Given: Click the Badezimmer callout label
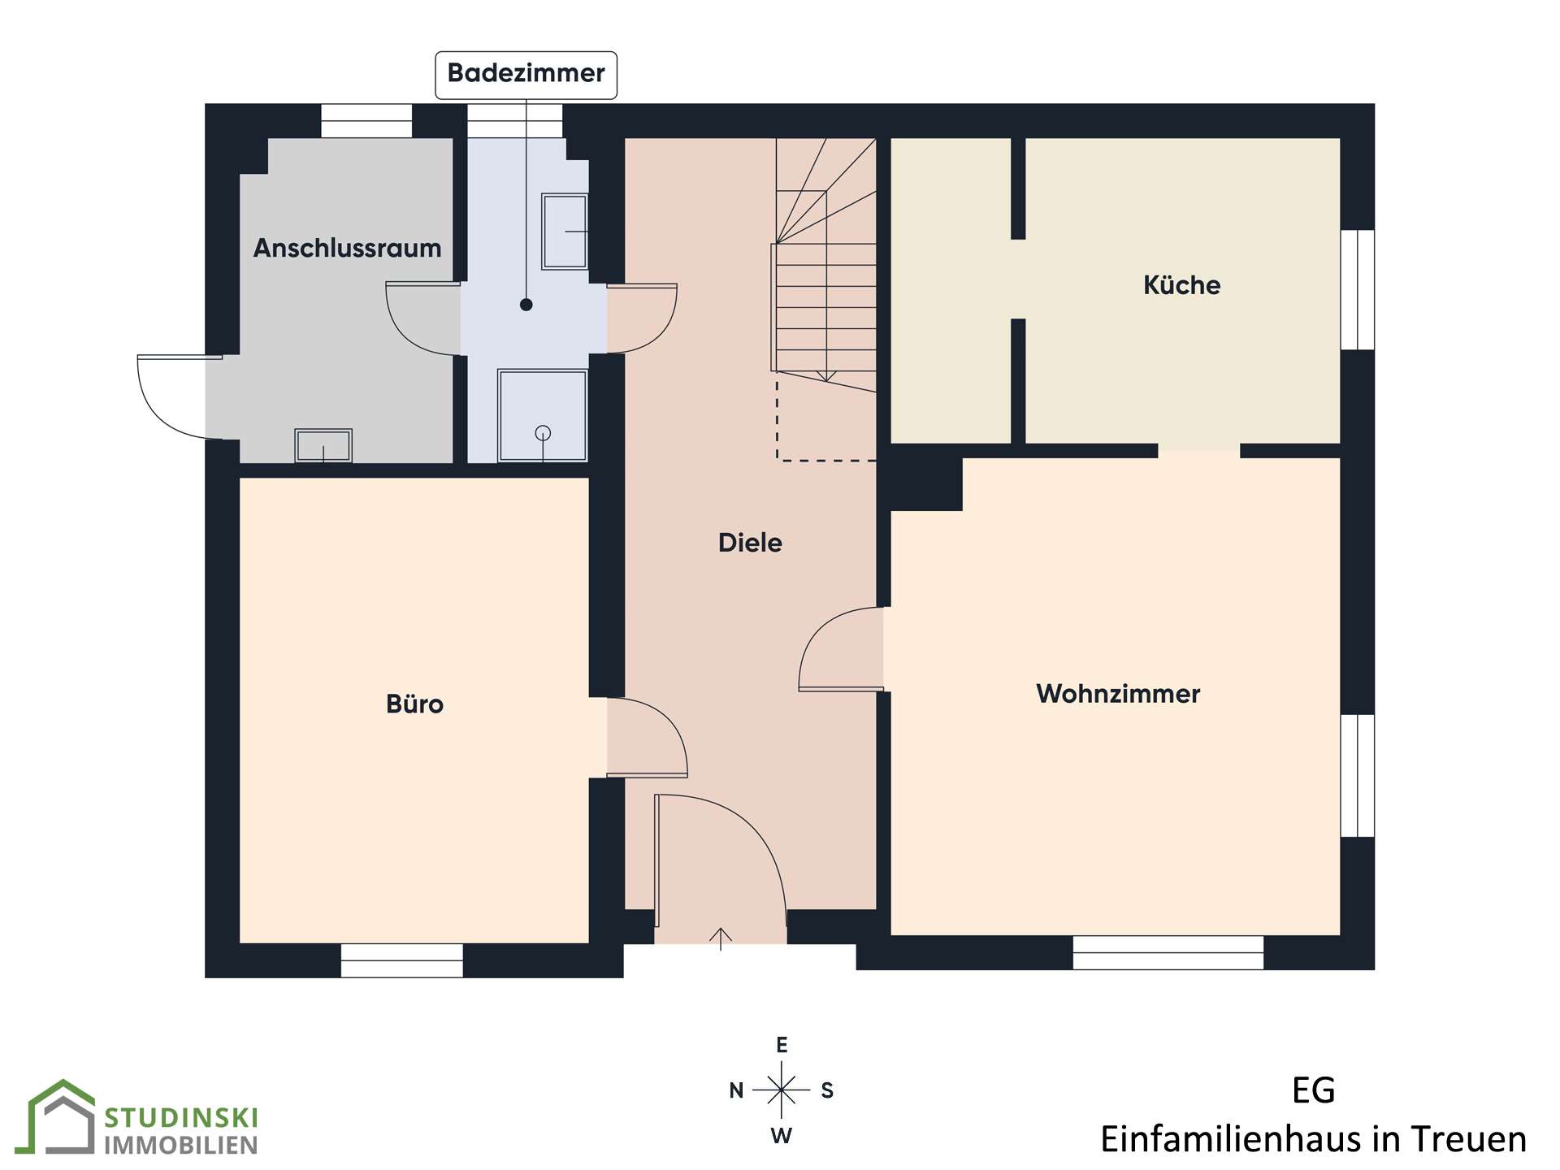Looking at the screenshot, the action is click(526, 75).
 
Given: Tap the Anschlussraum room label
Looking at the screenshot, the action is click(347, 248).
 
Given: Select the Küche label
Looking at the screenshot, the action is click(1181, 284).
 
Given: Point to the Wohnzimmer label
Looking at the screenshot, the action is click(1118, 693).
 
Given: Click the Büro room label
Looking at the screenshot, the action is click(414, 703).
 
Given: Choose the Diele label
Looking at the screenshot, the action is click(750, 542).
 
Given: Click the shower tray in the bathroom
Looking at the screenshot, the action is click(543, 415).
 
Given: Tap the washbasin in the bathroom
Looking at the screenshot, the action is click(565, 231).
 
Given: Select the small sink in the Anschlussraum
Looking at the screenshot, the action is click(323, 445).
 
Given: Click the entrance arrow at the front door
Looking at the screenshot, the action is click(720, 938).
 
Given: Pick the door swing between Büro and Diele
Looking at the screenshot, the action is click(648, 737).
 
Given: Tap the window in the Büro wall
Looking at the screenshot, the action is click(401, 960).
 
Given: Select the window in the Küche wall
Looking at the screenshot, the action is click(1358, 290).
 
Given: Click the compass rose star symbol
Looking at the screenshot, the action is click(781, 1090).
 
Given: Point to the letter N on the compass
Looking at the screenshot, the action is click(736, 1090).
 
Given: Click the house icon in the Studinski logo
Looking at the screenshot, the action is click(61, 1116).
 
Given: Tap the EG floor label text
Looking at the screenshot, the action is click(1313, 1090).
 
